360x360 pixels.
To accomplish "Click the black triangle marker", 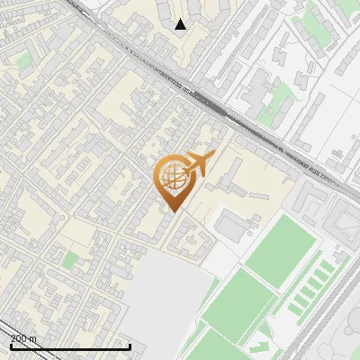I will pyautogui.click(x=180, y=24).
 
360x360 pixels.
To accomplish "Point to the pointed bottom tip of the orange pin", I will pyautogui.click(x=171, y=211).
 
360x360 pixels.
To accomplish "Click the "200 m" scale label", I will pyautogui.click(x=23, y=338).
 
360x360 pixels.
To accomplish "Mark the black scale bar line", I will pyautogui.click(x=70, y=346).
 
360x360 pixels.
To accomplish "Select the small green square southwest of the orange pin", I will pyautogui.click(x=70, y=261).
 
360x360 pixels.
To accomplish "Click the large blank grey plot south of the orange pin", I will pyautogui.click(x=162, y=297).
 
